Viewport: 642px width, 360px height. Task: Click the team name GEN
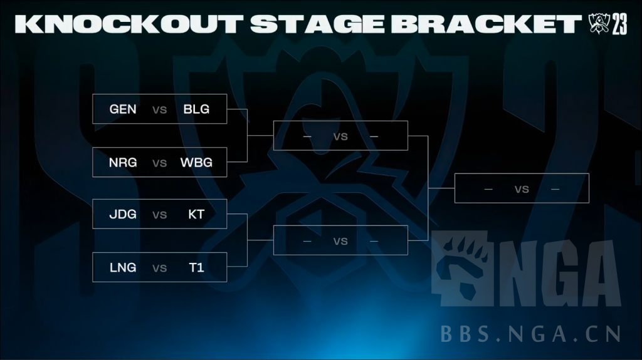123,109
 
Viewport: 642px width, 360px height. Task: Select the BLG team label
196,109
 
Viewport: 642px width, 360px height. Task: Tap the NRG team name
123,163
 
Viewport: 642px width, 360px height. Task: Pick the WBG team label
196,163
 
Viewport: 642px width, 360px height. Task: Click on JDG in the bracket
123,214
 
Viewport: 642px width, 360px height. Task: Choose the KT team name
196,214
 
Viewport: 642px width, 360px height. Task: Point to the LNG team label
123,268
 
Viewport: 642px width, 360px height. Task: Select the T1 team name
196,268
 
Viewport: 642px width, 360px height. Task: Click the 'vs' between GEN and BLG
160,110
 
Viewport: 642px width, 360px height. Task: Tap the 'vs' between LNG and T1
160,269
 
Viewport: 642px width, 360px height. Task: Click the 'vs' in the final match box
522,189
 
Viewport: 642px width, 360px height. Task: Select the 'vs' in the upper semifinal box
340,136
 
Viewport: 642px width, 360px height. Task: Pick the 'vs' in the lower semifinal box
340,241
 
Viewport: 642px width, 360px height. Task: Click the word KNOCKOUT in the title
129,24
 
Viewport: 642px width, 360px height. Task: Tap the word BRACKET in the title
490,24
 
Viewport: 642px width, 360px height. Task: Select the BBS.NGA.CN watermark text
530,333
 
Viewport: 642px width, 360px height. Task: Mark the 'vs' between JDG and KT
160,215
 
